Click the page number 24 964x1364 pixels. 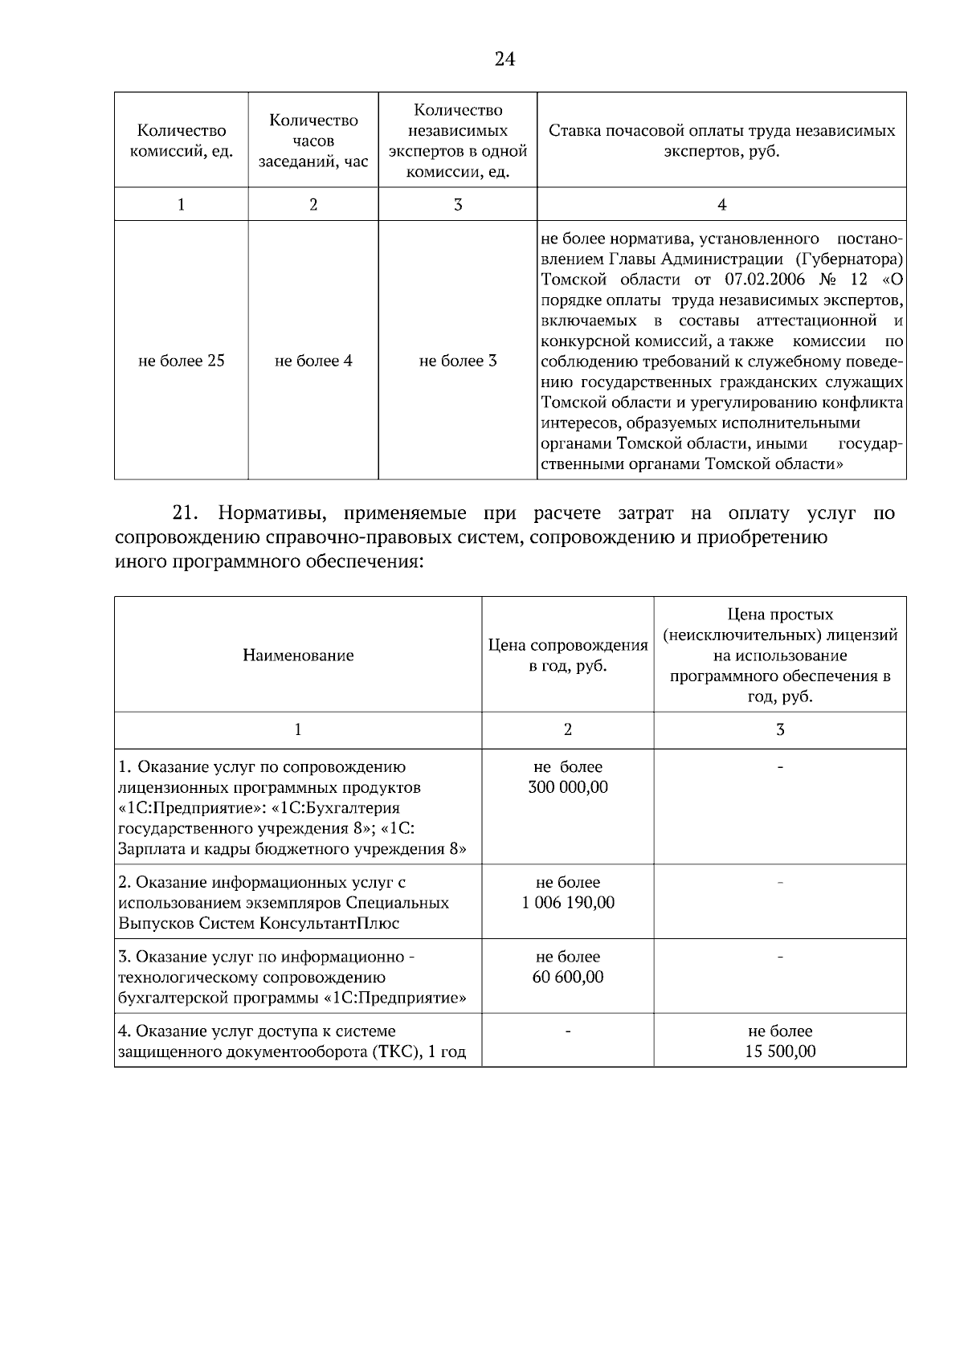tap(504, 59)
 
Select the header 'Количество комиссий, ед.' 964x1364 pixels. tap(182, 141)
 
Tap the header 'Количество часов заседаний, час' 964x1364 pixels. tap(313, 141)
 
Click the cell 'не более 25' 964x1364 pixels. tap(182, 361)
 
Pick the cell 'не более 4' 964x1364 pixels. tap(313, 361)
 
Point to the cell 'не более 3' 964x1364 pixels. tap(458, 361)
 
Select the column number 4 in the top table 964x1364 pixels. tap(721, 205)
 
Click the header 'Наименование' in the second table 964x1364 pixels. tap(298, 655)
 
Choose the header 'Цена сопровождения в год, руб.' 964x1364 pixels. tap(568, 655)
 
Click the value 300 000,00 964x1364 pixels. tap(568, 787)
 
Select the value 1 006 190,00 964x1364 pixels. tap(568, 903)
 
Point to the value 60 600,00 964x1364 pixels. tap(568, 977)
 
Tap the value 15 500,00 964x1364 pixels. tap(780, 1051)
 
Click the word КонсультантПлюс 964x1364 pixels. tap(329, 923)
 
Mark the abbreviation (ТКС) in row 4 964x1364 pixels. tap(396, 1052)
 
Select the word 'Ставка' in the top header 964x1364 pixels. tap(574, 131)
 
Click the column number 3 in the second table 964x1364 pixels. tap(780, 730)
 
